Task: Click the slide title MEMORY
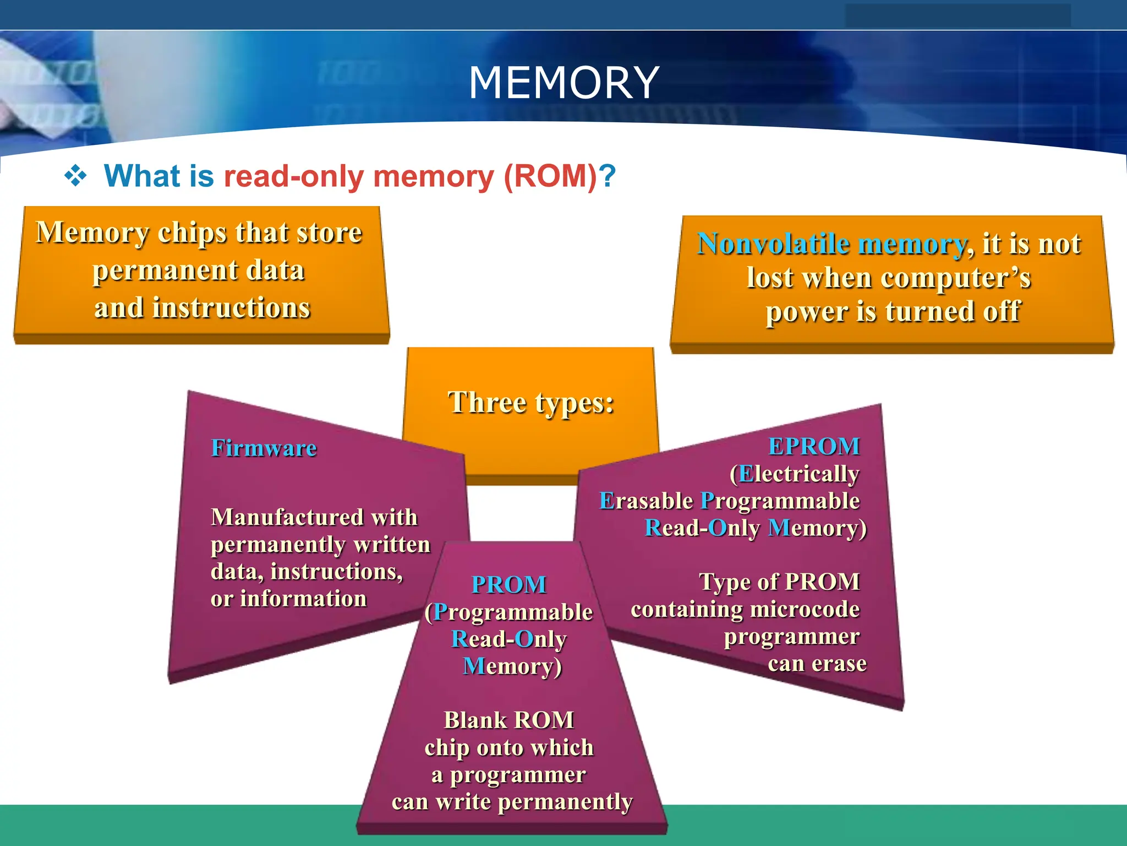563,83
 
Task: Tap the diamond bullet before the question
75,176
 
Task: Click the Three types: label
530,402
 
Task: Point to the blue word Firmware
264,448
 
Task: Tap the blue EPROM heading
814,446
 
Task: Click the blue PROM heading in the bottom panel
509,585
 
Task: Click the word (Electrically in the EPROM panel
795,474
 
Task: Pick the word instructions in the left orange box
231,307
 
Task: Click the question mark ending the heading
608,176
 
